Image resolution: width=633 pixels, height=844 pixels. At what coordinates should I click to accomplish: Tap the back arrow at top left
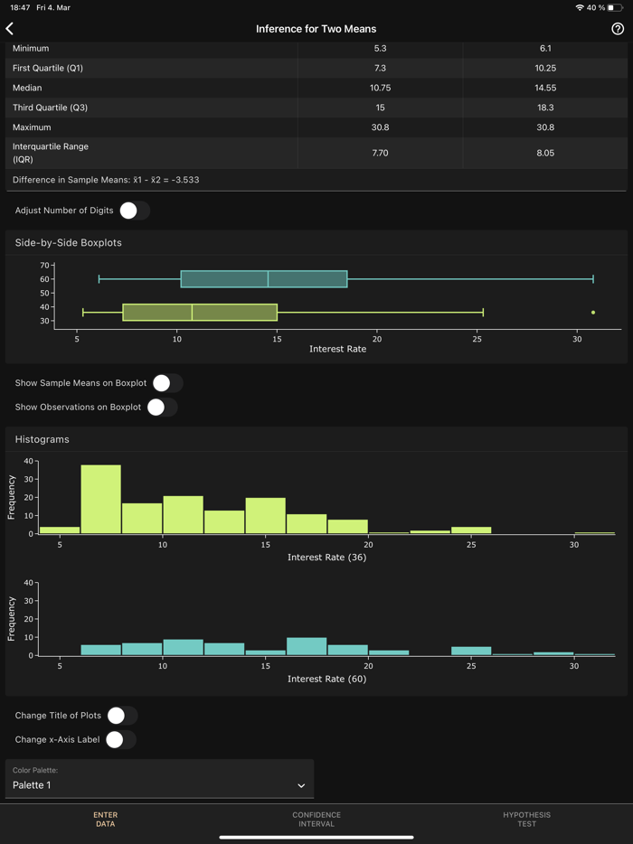(x=10, y=29)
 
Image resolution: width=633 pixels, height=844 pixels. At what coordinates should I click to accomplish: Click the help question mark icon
(x=618, y=29)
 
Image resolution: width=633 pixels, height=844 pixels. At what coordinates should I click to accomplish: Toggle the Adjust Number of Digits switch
(x=134, y=211)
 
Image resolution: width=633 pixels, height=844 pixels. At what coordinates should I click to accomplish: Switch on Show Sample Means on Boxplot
(x=167, y=383)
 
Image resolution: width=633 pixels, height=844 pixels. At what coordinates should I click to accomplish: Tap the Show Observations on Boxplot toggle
(x=162, y=408)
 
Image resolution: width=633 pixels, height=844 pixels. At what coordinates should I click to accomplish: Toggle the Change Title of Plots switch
(x=121, y=716)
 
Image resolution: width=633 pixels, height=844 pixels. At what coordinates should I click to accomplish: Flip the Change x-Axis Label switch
(x=120, y=740)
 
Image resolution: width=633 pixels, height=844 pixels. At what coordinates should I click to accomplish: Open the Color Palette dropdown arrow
(x=301, y=786)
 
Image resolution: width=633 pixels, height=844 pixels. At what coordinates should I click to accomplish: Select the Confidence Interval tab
(x=316, y=820)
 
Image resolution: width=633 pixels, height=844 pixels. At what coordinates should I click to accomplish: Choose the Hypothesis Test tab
(x=526, y=820)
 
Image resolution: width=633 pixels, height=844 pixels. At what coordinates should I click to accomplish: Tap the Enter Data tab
(x=105, y=820)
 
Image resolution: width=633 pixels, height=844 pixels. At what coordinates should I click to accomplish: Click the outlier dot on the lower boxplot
(x=593, y=313)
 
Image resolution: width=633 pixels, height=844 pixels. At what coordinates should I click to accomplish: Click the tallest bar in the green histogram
(x=100, y=500)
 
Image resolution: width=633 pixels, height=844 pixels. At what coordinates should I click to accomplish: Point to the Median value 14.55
(x=545, y=88)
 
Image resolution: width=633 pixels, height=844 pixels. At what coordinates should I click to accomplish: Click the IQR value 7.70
(x=380, y=154)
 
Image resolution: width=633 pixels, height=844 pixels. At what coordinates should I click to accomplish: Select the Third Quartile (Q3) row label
(x=50, y=108)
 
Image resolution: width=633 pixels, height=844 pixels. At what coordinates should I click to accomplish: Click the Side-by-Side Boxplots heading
(x=69, y=243)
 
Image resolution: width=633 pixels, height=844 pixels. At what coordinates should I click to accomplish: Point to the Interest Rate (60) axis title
(x=326, y=679)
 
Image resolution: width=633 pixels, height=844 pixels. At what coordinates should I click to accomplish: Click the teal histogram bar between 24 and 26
(x=470, y=651)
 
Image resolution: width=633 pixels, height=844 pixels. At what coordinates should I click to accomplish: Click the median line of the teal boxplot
(x=268, y=279)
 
